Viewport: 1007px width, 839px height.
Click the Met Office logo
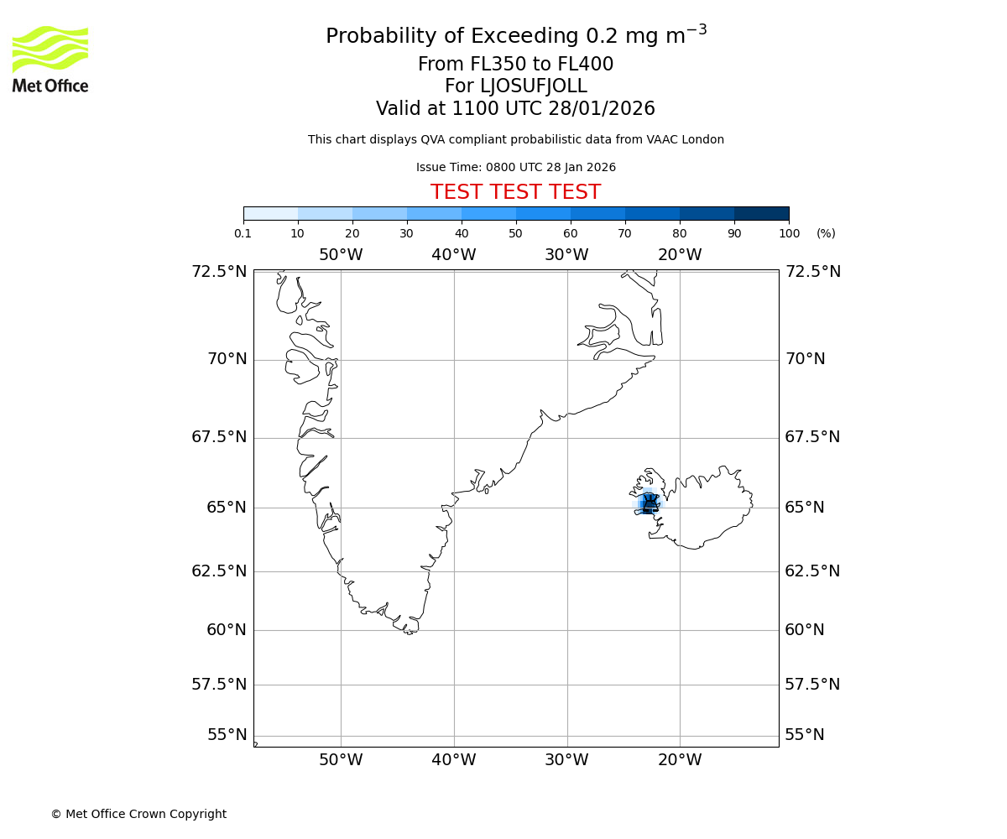(x=50, y=59)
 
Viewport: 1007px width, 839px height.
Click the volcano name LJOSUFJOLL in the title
(x=515, y=86)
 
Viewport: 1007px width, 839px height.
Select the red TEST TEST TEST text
(x=515, y=193)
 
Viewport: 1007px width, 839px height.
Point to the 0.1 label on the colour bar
(x=243, y=233)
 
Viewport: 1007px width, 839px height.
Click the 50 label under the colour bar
(x=515, y=233)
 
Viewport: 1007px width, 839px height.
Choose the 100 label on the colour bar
(x=789, y=233)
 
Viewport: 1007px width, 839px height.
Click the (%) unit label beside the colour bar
(x=826, y=233)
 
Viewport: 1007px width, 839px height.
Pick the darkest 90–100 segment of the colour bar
(x=761, y=213)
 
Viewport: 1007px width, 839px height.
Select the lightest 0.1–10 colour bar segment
(x=270, y=213)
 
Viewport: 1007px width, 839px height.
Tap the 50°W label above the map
(x=341, y=255)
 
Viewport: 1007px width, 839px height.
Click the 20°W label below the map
(x=680, y=760)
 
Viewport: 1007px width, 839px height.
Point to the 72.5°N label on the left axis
(x=219, y=272)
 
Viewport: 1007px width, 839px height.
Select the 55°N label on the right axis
(x=805, y=735)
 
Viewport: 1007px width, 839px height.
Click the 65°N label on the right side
(x=805, y=508)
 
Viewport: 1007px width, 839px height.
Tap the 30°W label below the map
(x=566, y=760)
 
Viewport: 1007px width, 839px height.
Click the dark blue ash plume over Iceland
(x=649, y=504)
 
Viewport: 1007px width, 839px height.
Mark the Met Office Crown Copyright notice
(x=138, y=814)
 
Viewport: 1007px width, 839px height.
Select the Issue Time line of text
(x=515, y=168)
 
